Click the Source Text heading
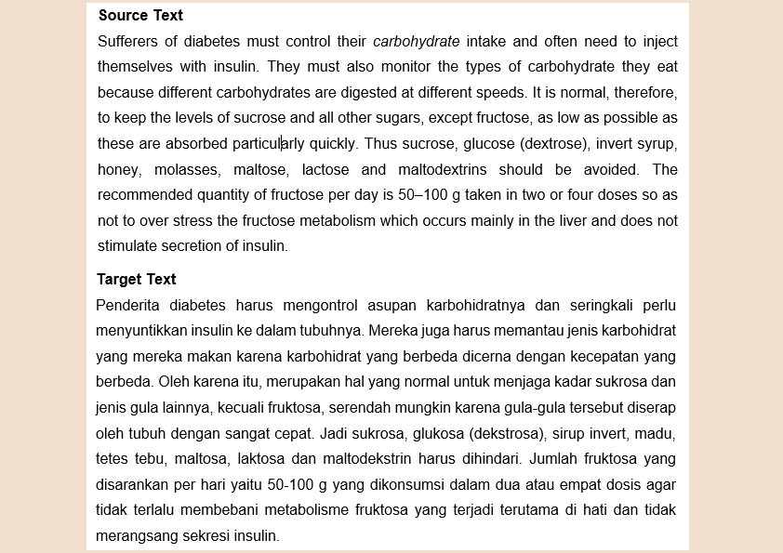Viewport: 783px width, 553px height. coord(140,16)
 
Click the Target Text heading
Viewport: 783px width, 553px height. coord(137,279)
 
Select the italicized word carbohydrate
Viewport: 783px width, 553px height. coord(417,42)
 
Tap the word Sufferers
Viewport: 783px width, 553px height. coord(128,42)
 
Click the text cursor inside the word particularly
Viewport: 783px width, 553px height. coord(282,144)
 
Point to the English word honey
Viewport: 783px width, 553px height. coord(117,170)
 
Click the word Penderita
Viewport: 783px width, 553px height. coord(126,305)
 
